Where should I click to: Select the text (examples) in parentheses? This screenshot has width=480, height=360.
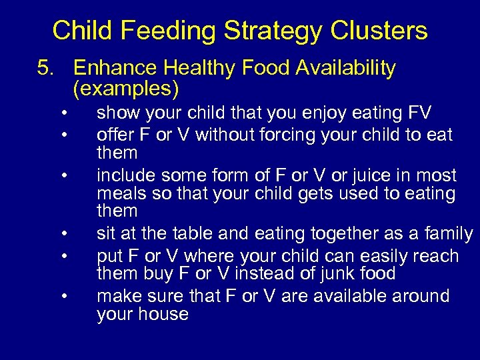[126, 88]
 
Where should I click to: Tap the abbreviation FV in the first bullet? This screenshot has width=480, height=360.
[418, 114]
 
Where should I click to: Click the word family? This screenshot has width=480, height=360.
[443, 234]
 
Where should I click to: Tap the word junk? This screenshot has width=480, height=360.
[336, 273]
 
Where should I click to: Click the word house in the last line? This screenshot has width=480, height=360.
[163, 314]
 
